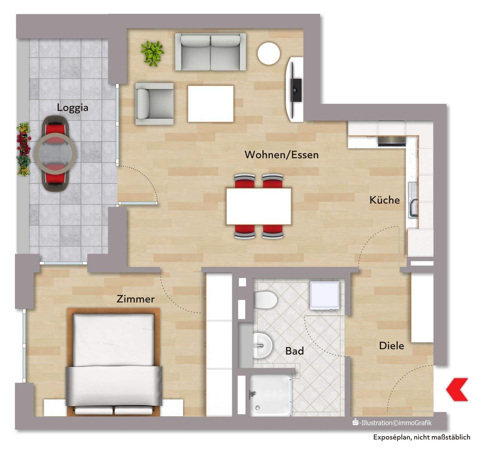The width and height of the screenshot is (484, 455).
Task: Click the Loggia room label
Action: click(x=73, y=108)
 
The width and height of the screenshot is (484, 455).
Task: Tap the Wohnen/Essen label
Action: click(x=281, y=155)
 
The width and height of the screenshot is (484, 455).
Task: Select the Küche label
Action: click(x=385, y=200)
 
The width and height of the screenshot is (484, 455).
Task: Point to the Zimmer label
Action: click(x=135, y=299)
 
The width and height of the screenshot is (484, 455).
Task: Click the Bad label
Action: click(x=294, y=351)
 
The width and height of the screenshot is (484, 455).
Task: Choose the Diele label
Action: click(x=391, y=346)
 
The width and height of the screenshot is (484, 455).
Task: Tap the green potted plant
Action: click(x=152, y=53)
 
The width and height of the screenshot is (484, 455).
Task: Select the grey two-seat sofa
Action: click(x=210, y=52)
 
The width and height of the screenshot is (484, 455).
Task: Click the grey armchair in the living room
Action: click(x=154, y=104)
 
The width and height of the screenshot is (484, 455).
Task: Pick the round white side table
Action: click(x=269, y=53)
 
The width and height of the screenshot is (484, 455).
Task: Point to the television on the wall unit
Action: click(x=296, y=89)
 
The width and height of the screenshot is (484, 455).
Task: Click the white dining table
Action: click(x=258, y=206)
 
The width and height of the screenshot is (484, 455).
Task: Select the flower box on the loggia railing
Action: click(x=23, y=149)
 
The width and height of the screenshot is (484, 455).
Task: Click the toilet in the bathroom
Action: click(x=266, y=300)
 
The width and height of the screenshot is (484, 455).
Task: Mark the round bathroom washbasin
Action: click(x=263, y=346)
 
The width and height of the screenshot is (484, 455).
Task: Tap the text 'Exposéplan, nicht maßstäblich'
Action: click(x=421, y=437)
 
